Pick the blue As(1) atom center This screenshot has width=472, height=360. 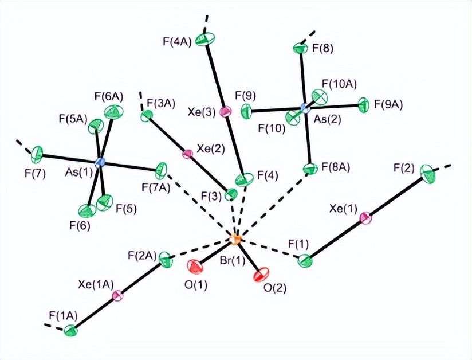pos(101,163)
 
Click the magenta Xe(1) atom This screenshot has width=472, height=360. pos(365,218)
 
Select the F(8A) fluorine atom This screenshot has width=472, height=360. pos(310,169)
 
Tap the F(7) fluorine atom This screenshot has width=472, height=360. pos(38,154)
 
